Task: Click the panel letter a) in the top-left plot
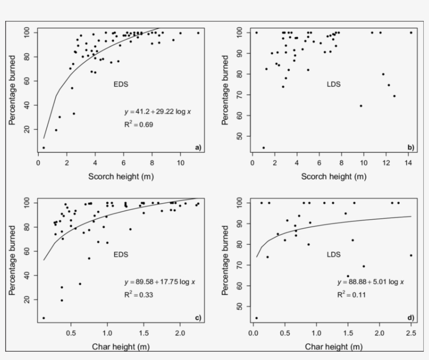tap(198, 148)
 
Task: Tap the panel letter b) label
tap(411, 148)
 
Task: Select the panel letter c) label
tap(198, 318)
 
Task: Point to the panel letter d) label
tap(411, 318)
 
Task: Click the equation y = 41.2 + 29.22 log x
tap(154, 112)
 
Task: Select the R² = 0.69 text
tap(139, 125)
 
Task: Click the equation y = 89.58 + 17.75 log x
tap(160, 282)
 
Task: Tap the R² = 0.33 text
tap(139, 295)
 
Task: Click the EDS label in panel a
tap(121, 84)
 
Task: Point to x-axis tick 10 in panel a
tap(180, 163)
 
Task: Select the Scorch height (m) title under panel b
tap(333, 177)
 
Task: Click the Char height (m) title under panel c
tap(121, 346)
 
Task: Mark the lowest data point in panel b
tap(264, 148)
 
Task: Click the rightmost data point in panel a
tap(198, 33)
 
